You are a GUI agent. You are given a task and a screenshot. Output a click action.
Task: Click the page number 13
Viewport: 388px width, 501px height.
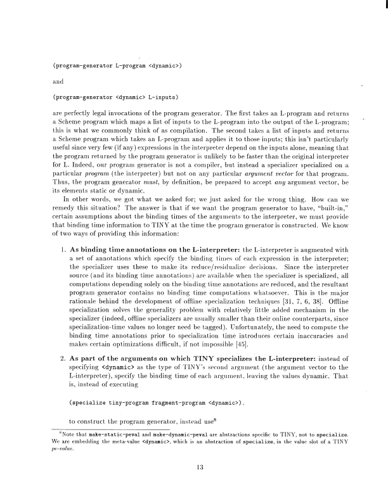pos(194,468)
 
